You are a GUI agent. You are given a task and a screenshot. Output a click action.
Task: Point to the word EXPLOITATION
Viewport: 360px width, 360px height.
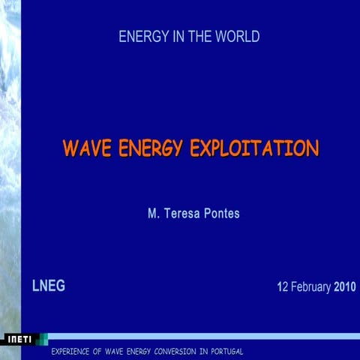pyautogui.click(x=255, y=148)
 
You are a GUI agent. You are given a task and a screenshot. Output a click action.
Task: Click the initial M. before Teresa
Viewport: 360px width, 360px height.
pyautogui.click(x=153, y=214)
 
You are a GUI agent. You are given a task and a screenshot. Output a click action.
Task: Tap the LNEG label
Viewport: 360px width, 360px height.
pyautogui.click(x=48, y=285)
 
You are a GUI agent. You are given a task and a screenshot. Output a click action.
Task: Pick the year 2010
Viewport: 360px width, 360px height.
pyautogui.click(x=345, y=286)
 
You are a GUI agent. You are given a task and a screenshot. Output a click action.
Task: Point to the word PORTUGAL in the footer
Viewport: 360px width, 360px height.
pyautogui.click(x=226, y=352)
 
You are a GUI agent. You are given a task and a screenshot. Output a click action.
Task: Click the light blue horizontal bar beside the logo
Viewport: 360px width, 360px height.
pyautogui.click(x=202, y=336)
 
